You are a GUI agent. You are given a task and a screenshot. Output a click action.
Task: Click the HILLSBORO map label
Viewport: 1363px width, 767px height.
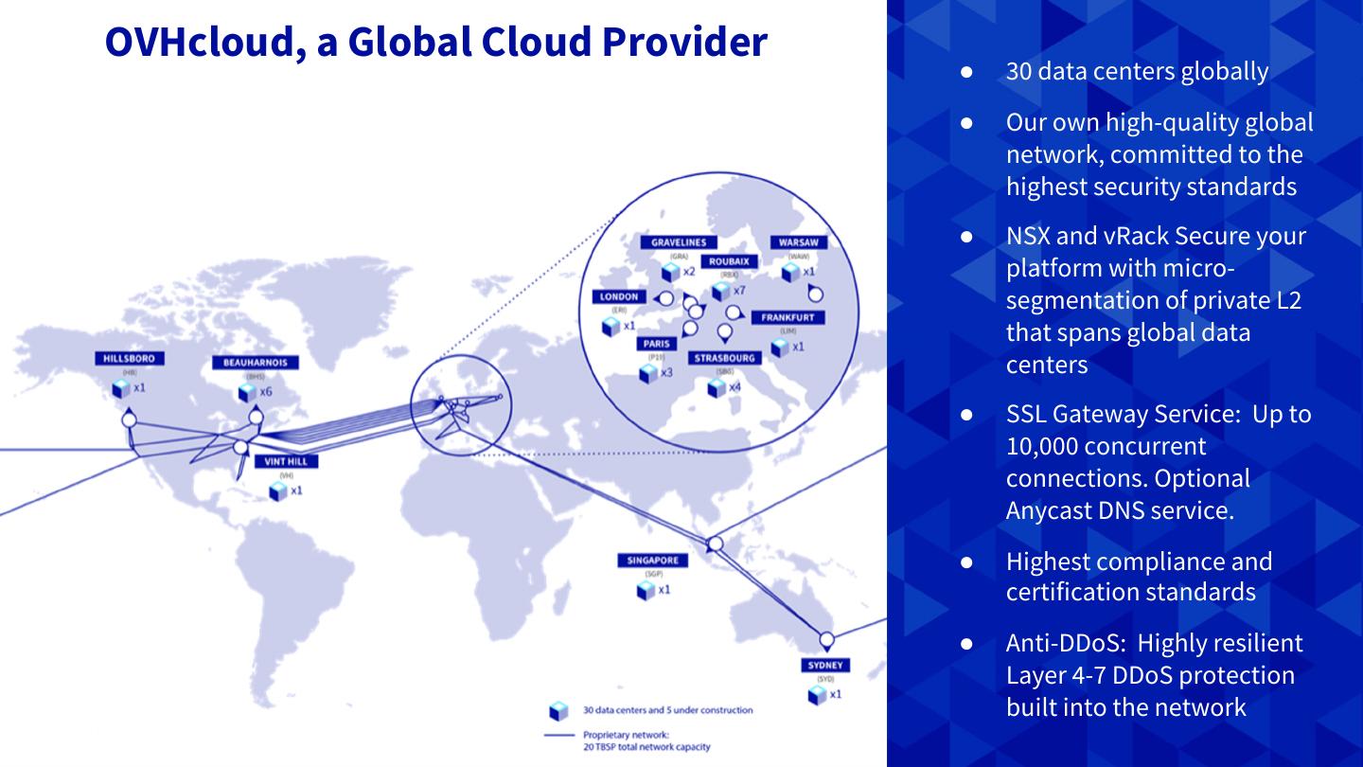point(130,359)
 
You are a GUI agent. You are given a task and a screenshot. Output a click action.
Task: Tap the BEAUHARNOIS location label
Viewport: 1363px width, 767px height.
point(256,363)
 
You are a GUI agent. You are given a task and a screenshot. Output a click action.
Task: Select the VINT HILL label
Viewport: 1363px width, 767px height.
point(286,461)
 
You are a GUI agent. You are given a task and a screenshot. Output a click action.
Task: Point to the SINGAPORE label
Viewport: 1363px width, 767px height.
point(652,561)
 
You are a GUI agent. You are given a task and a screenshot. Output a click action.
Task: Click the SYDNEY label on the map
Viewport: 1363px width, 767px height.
point(825,665)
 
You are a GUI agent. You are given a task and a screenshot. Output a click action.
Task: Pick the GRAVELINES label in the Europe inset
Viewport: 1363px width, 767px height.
point(678,242)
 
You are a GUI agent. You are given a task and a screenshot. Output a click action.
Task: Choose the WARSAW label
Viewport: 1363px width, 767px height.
point(798,242)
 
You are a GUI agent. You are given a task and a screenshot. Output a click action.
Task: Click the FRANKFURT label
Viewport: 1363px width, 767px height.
point(788,318)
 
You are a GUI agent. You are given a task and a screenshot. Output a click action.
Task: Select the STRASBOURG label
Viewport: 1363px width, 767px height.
point(725,359)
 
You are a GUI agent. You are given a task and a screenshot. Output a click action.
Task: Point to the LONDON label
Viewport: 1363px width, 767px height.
point(619,296)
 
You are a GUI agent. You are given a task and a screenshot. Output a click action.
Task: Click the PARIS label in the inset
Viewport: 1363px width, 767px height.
point(656,345)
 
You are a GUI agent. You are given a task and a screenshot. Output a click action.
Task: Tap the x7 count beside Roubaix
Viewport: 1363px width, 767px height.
point(739,290)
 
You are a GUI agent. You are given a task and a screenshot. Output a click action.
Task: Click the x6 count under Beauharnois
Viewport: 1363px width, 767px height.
point(266,392)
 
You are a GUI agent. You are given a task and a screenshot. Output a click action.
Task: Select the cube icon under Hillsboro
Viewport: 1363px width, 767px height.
point(120,388)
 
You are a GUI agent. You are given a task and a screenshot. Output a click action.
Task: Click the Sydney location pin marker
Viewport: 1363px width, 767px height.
point(826,640)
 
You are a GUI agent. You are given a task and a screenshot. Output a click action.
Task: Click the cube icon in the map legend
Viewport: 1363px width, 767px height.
point(559,710)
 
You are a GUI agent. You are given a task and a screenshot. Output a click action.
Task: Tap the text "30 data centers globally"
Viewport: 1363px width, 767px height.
point(1137,72)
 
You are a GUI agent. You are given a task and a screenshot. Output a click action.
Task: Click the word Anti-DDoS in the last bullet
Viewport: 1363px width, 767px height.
point(1064,644)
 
